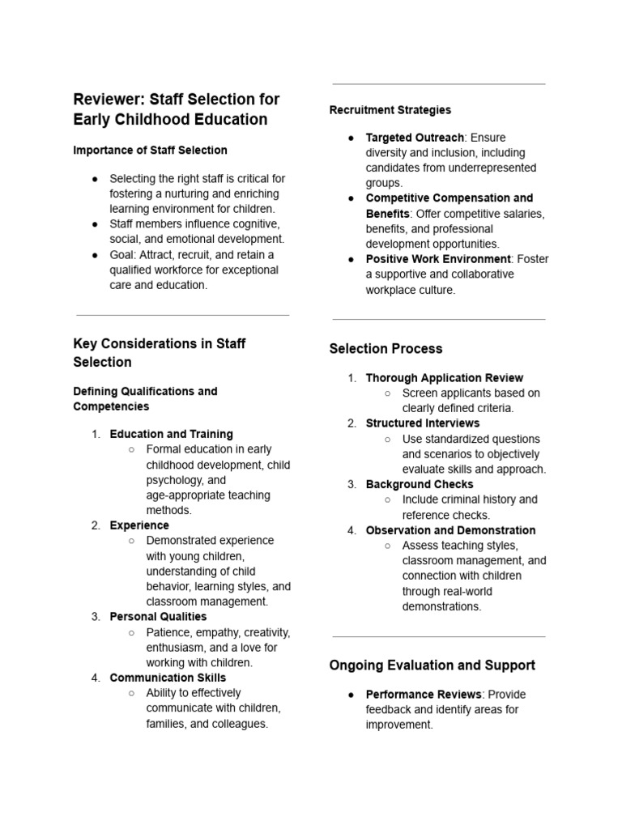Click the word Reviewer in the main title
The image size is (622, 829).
pos(105,100)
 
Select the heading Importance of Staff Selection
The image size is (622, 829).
pos(150,150)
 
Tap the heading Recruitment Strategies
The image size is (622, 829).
pos(390,109)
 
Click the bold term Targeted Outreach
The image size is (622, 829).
pos(415,138)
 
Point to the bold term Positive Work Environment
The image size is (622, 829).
pos(438,259)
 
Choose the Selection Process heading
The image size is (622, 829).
pos(386,349)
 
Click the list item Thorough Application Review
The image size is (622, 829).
pos(444,378)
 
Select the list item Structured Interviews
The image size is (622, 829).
pos(422,423)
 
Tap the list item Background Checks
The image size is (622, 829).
pos(420,484)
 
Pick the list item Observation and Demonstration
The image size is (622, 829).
pos(450,530)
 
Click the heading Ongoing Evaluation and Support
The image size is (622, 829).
pos(432,665)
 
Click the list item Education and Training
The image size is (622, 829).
pos(171,434)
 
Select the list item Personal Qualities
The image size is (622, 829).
pos(158,617)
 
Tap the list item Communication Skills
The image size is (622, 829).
pos(168,678)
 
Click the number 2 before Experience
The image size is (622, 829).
pos(95,525)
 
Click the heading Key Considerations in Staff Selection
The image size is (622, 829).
pos(160,352)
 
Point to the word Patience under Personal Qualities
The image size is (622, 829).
pos(168,632)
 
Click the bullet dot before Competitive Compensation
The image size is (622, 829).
pos(351,198)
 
